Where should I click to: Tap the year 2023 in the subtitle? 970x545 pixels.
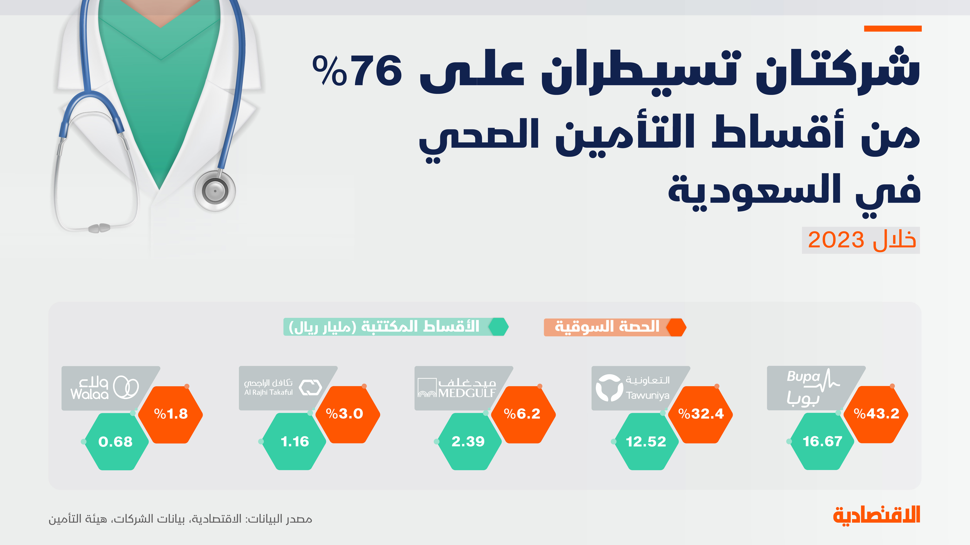pos(836,240)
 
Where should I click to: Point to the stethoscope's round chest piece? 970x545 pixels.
pos(215,191)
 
